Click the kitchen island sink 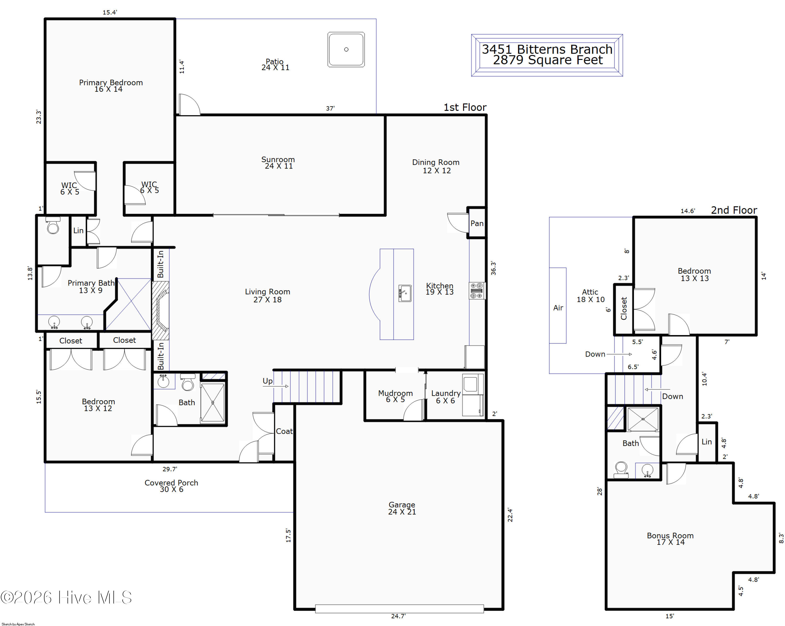405,293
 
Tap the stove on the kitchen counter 476,291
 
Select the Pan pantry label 476,223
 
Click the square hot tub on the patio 346,49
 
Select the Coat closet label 284,431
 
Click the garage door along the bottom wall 399,608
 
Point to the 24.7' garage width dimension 398,616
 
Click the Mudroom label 395,393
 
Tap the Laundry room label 446,393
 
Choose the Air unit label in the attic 558,308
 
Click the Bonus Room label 670,535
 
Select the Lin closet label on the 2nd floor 706,442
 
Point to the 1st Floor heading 465,107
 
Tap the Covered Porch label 171,483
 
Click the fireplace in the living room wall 160,311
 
